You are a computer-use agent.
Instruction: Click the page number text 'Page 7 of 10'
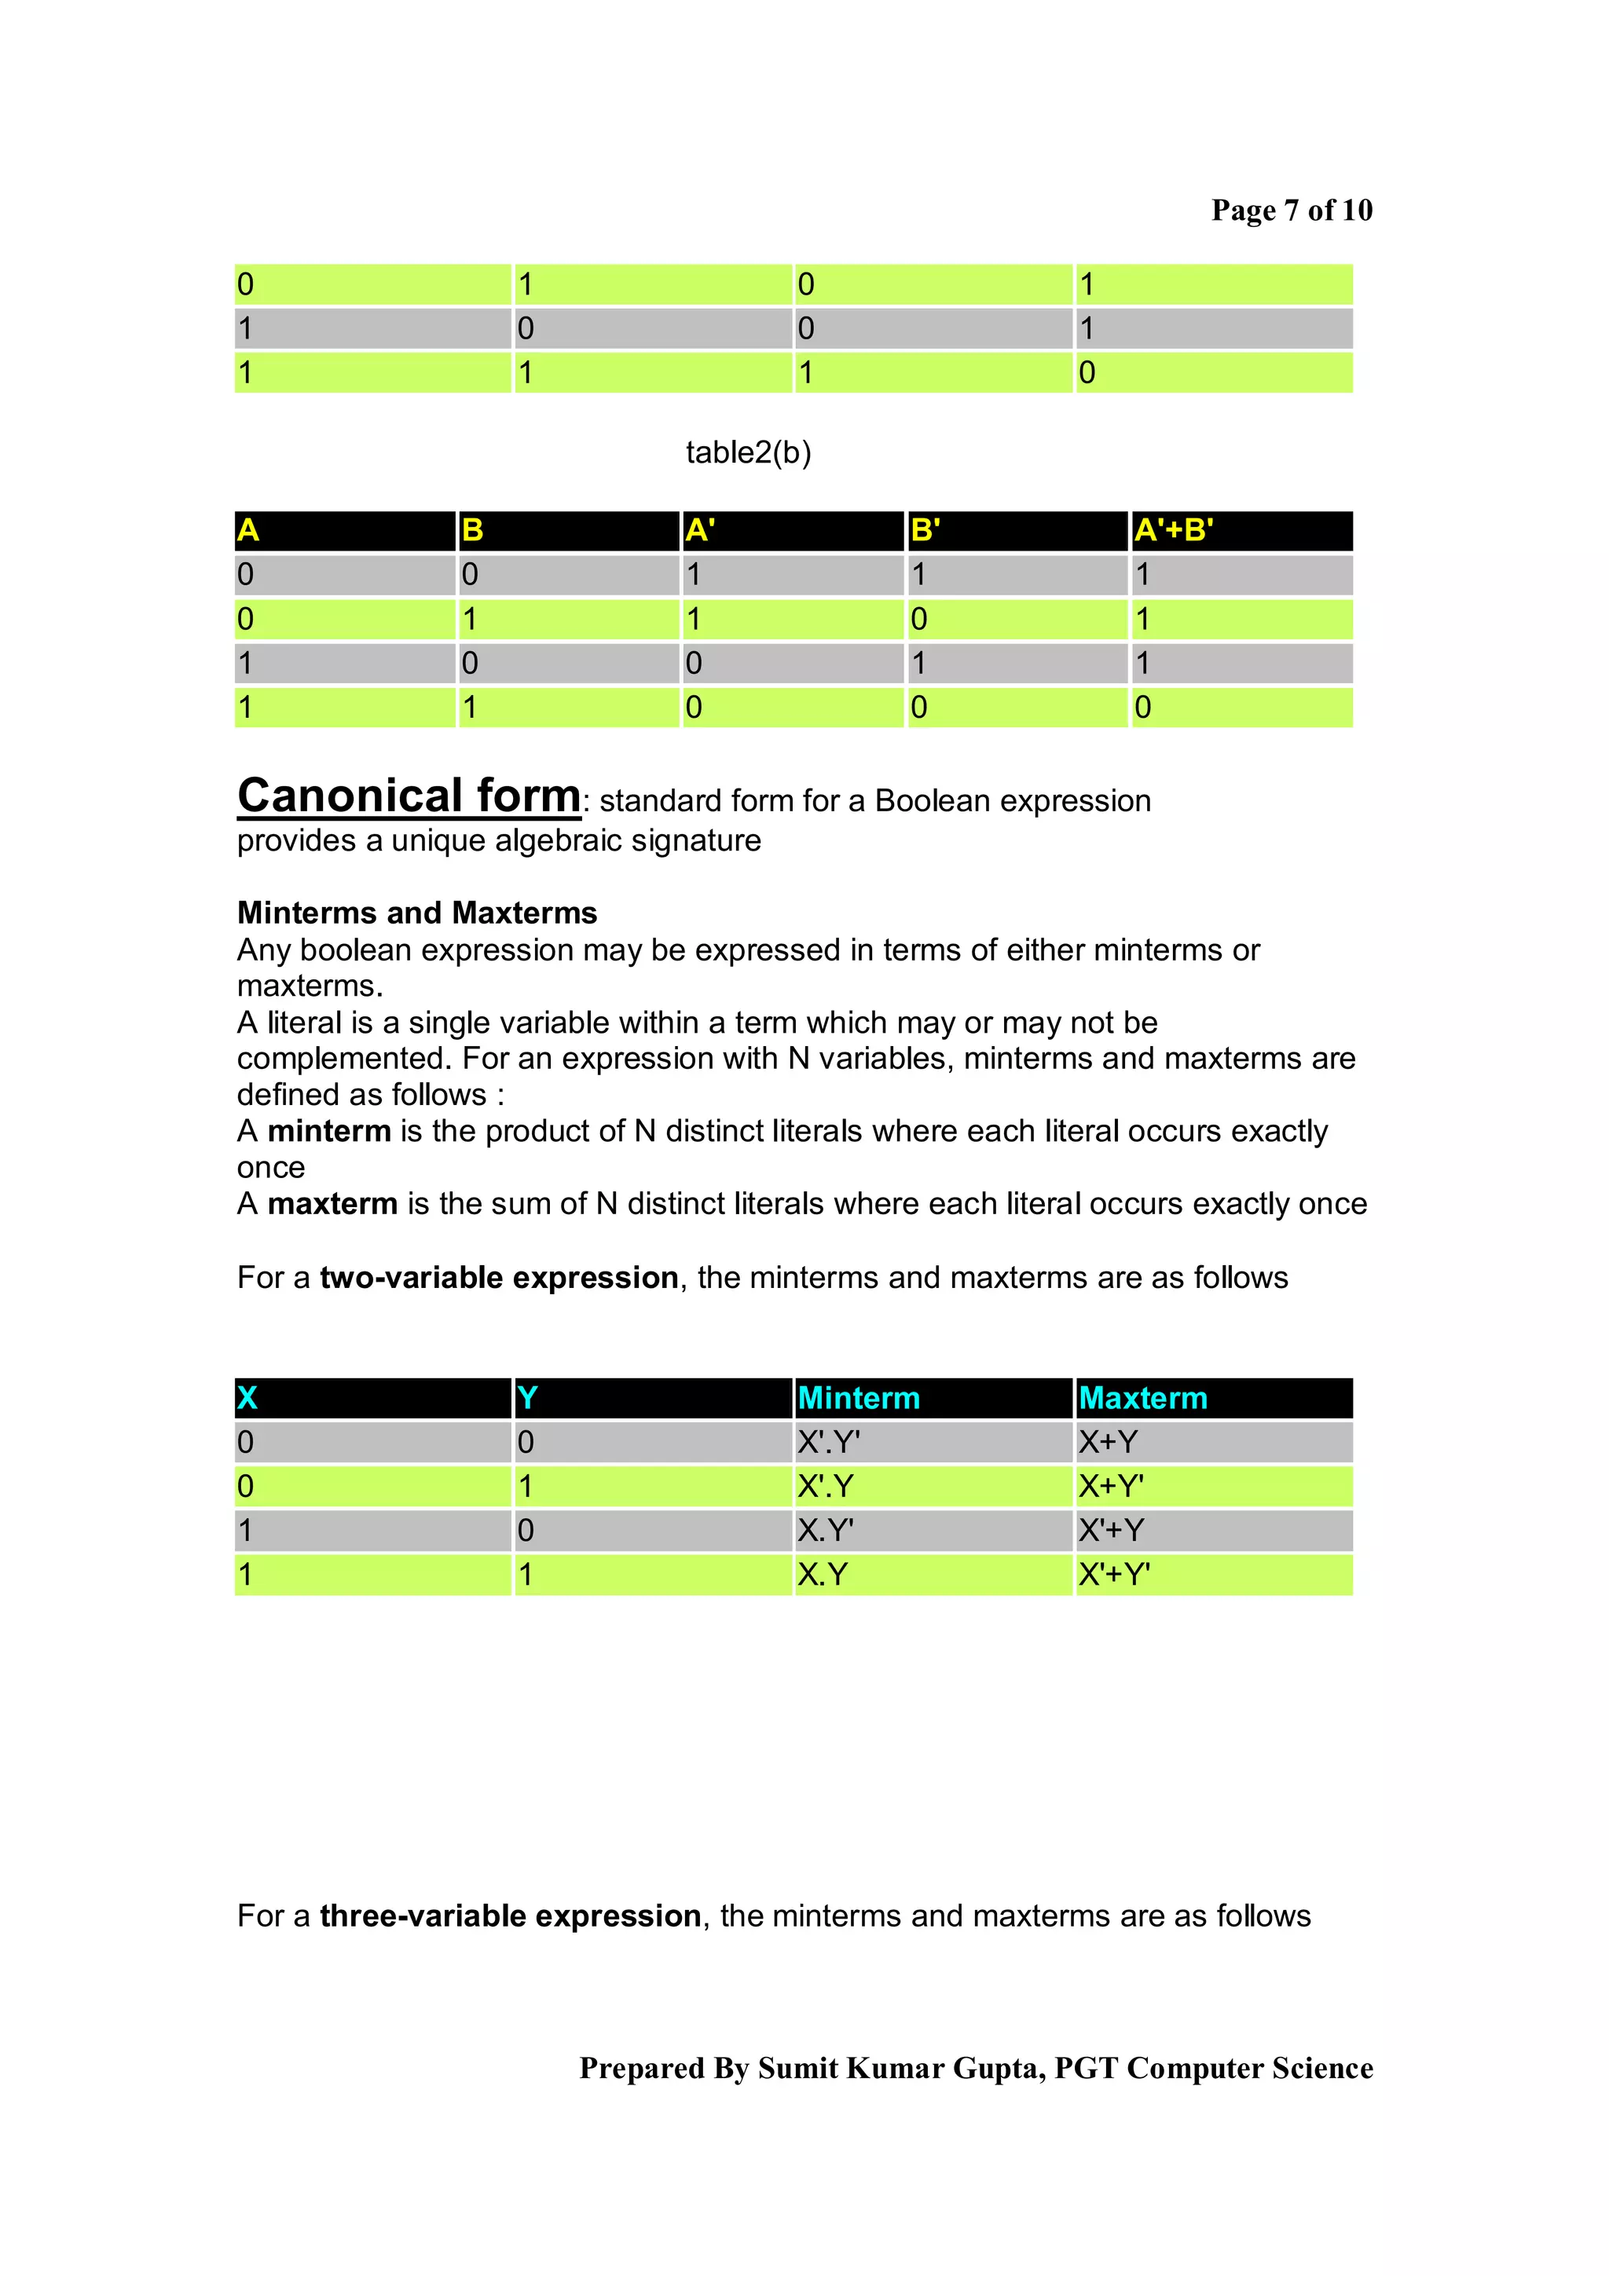click(x=1291, y=210)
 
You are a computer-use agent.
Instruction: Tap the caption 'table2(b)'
click(x=749, y=452)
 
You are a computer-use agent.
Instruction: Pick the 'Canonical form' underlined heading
click(x=409, y=796)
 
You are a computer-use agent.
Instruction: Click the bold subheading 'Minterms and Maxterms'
click(x=416, y=912)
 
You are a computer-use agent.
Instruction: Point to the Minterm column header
click(x=859, y=1398)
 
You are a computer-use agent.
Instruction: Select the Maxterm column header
click(x=1142, y=1398)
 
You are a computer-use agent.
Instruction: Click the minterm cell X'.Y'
click(x=829, y=1442)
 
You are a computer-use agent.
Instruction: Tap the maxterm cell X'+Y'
click(x=1114, y=1574)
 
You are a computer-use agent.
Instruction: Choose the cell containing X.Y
click(x=823, y=1574)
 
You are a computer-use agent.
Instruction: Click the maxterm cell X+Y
click(x=1109, y=1442)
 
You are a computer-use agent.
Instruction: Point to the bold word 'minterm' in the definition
click(x=329, y=1131)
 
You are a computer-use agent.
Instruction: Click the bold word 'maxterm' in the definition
click(x=332, y=1203)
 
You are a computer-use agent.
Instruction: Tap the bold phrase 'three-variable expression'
click(x=510, y=1916)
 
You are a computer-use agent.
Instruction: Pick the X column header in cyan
click(x=247, y=1398)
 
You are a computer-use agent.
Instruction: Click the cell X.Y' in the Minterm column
click(x=826, y=1531)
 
